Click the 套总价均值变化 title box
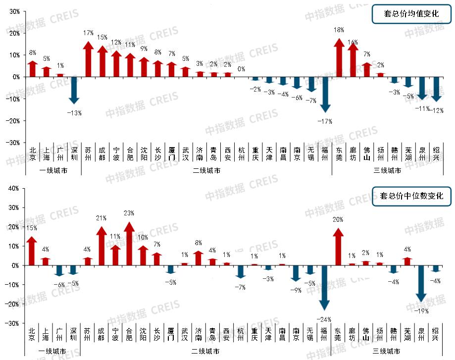[x=411, y=13]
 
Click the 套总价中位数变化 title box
[x=411, y=196]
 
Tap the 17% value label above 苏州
[x=88, y=33]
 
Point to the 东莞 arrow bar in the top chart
[x=339, y=57]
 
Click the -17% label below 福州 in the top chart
[x=324, y=121]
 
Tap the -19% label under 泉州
[x=421, y=310]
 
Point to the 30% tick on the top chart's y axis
[x=13, y=11]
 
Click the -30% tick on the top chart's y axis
[x=11, y=143]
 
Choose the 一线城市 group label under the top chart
[x=53, y=170]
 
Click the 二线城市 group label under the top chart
[x=206, y=170]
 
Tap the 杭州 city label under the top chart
[x=241, y=154]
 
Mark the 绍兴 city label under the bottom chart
[x=436, y=335]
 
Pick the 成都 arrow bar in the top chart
[x=102, y=61]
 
